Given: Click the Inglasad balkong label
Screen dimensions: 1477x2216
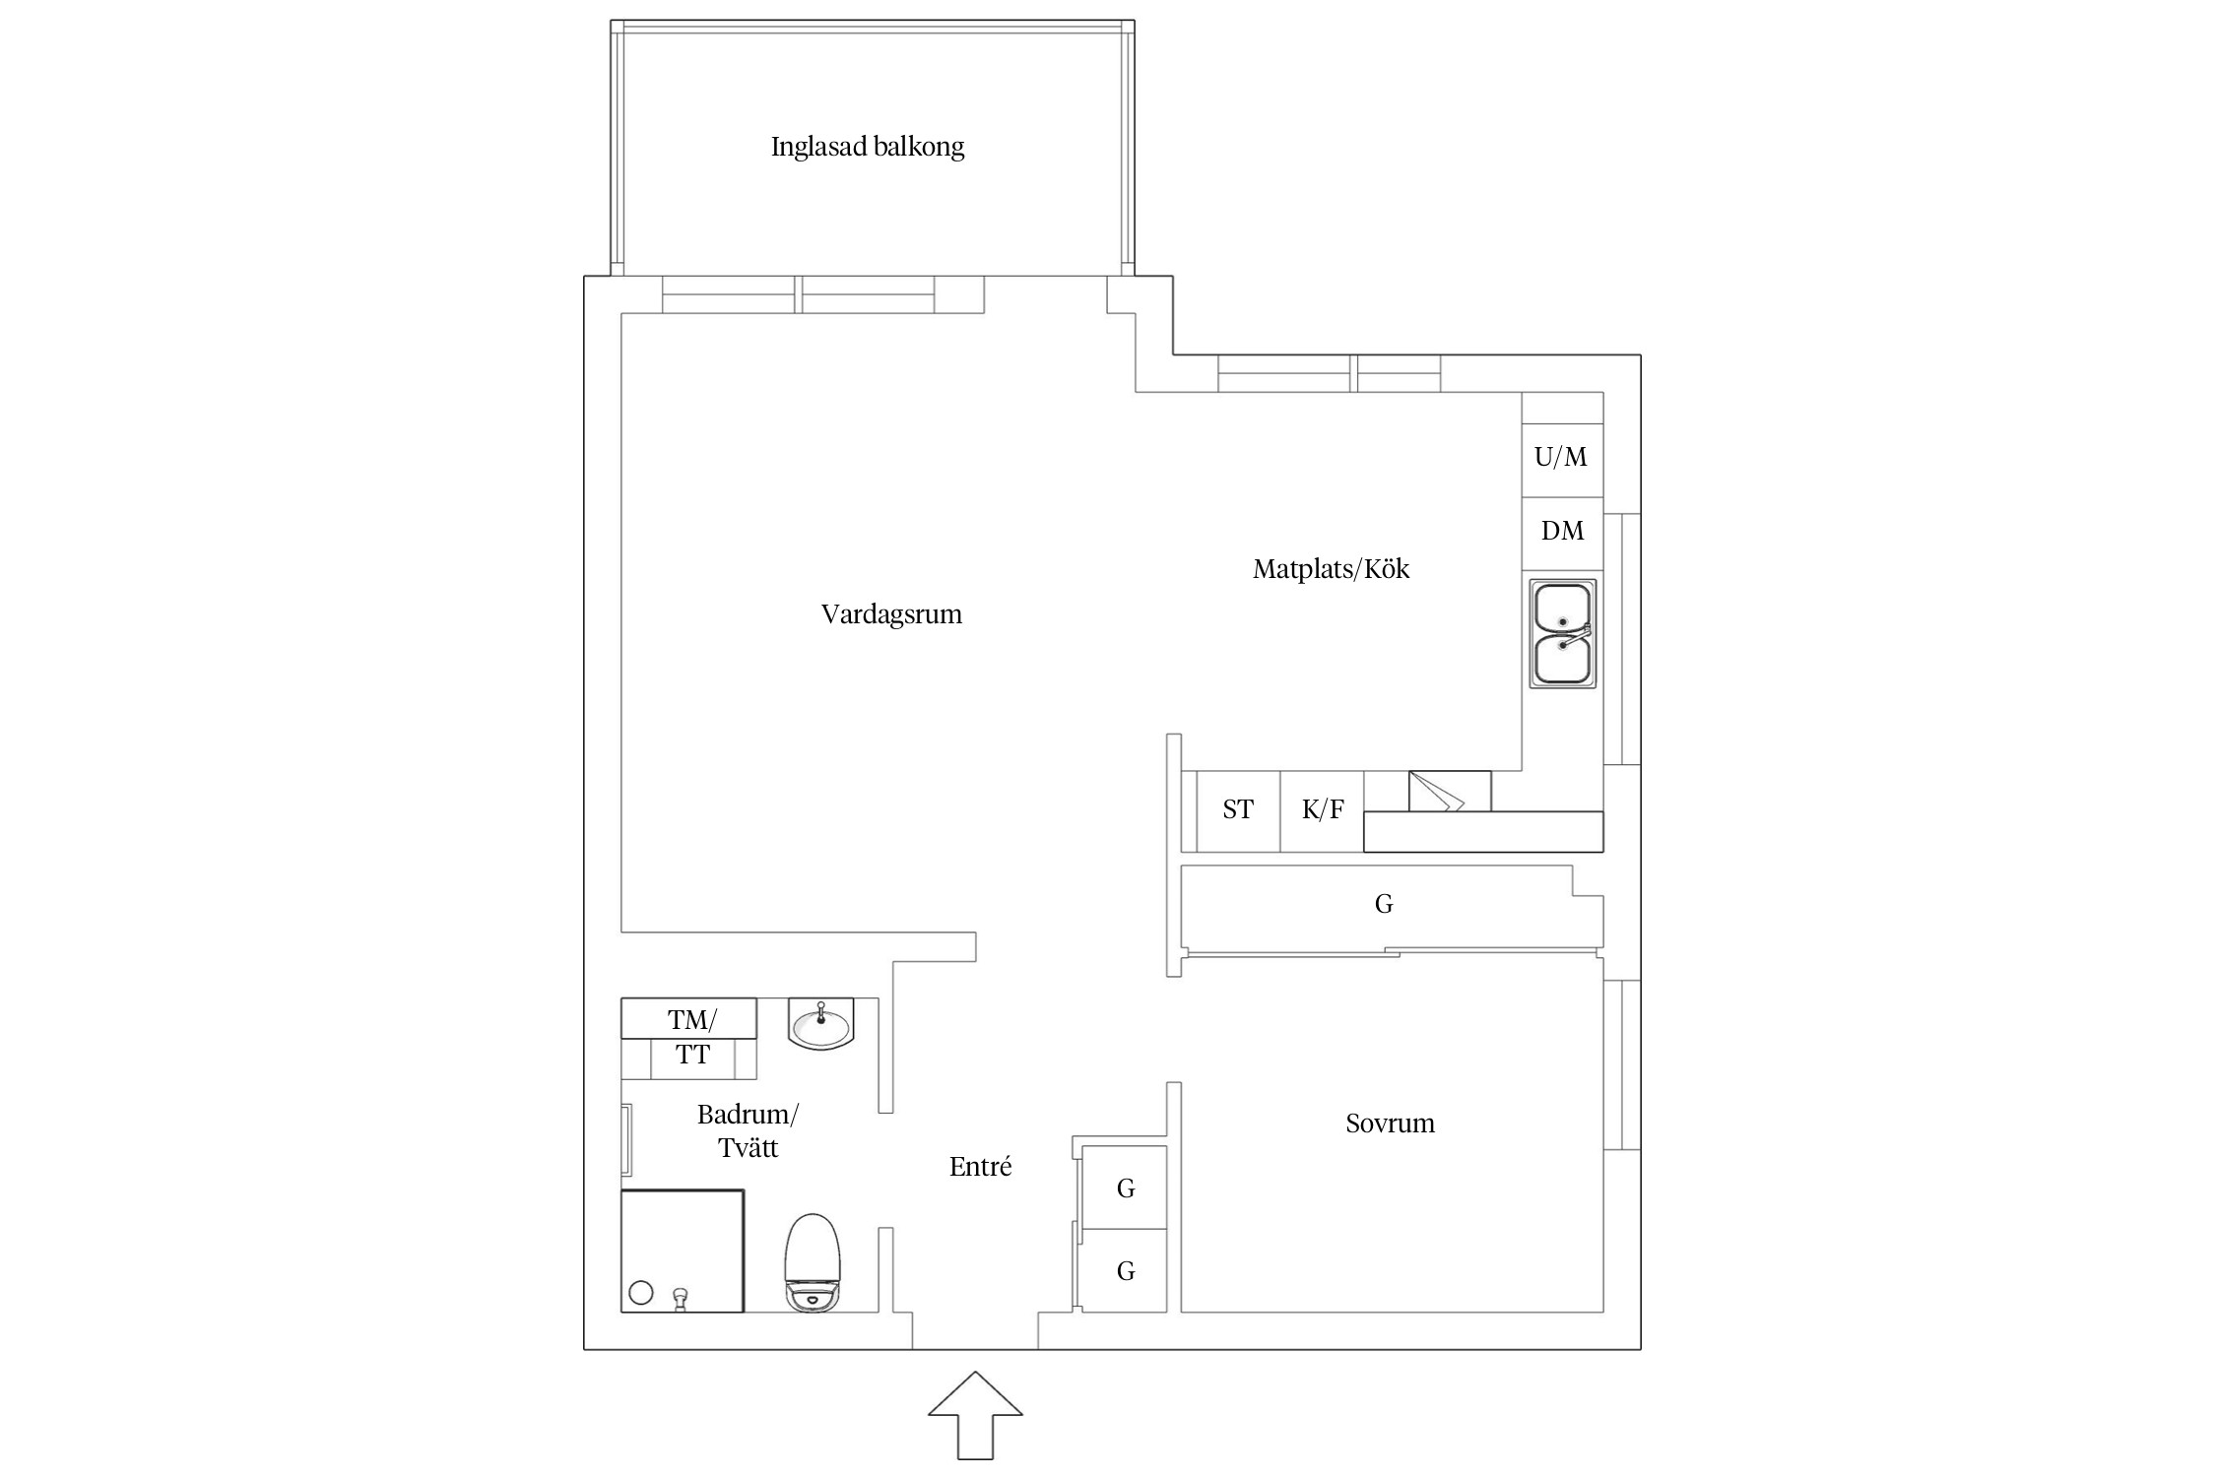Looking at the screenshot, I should click(x=867, y=147).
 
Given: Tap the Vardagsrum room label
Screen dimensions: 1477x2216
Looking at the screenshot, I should click(x=891, y=614).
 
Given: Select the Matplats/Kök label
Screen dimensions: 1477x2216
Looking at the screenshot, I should click(x=1331, y=569).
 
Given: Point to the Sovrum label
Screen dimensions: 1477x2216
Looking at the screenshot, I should click(x=1390, y=1124).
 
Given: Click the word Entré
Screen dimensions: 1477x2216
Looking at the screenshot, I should click(x=980, y=1167).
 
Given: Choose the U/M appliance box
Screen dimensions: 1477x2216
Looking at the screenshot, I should click(x=1561, y=457).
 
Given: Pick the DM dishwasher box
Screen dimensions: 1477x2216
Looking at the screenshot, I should click(x=1562, y=532).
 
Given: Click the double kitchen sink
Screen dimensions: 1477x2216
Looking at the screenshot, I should click(x=1562, y=633).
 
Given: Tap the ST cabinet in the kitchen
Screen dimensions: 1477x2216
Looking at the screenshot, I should click(x=1237, y=810).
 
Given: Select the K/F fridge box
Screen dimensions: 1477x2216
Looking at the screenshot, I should click(x=1322, y=810).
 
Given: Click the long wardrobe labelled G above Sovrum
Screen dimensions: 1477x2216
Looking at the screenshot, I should click(x=1383, y=905).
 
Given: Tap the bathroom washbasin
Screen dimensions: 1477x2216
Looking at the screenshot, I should click(x=820, y=1025).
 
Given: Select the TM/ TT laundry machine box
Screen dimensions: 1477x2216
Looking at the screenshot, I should click(x=691, y=1038).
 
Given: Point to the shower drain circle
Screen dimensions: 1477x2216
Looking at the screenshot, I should click(x=641, y=1293).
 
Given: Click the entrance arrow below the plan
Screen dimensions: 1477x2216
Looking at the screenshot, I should click(x=975, y=1414).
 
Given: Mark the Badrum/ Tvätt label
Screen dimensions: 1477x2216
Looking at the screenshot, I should click(x=748, y=1131).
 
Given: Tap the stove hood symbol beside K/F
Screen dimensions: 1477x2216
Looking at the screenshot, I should click(x=1448, y=792).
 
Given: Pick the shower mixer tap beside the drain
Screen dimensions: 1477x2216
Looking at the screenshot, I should click(x=679, y=1299).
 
